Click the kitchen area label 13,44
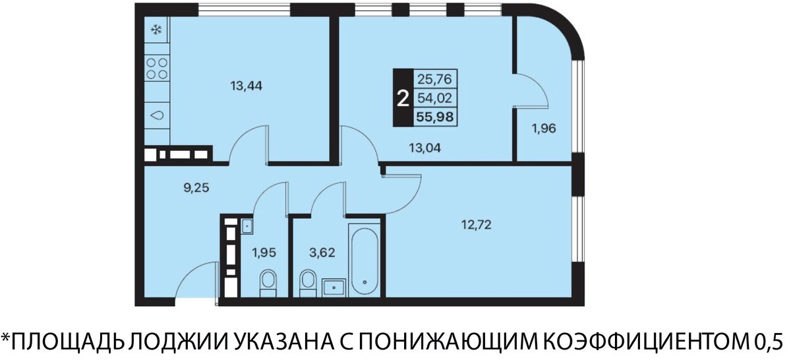point(246,86)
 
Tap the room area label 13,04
point(425,148)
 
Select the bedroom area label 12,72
point(477,224)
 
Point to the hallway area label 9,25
point(196,188)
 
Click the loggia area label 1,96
point(544,129)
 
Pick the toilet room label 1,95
point(264,253)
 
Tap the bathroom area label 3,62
point(322,253)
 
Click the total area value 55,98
point(434,117)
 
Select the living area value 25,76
point(434,79)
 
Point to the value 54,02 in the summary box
point(434,98)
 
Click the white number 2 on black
point(403,98)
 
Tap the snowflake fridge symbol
point(156,30)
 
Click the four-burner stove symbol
point(157,69)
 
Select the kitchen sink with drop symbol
point(157,115)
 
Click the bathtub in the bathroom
point(365,260)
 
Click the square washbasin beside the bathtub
point(334,287)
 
